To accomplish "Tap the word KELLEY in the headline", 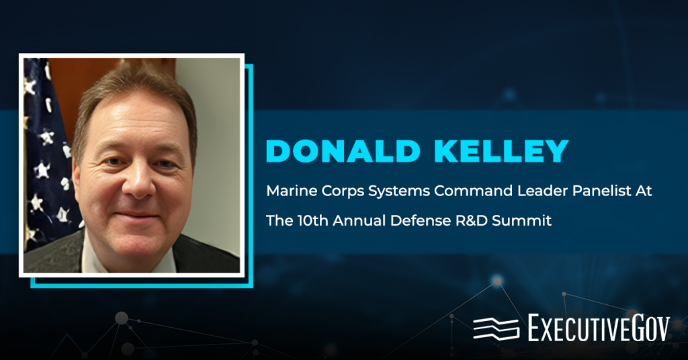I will [494, 152].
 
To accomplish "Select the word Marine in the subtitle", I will [286, 191].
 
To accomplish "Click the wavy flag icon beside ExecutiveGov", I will [496, 328].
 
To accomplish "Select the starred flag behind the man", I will [47, 154].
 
